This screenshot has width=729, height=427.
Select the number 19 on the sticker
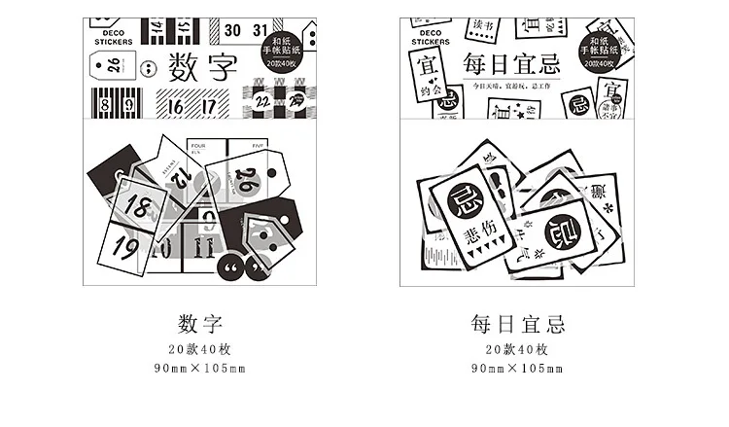click(125, 247)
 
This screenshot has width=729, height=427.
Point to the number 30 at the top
click(231, 29)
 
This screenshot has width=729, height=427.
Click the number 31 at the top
click(259, 29)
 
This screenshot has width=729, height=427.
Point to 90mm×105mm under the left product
click(201, 369)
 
